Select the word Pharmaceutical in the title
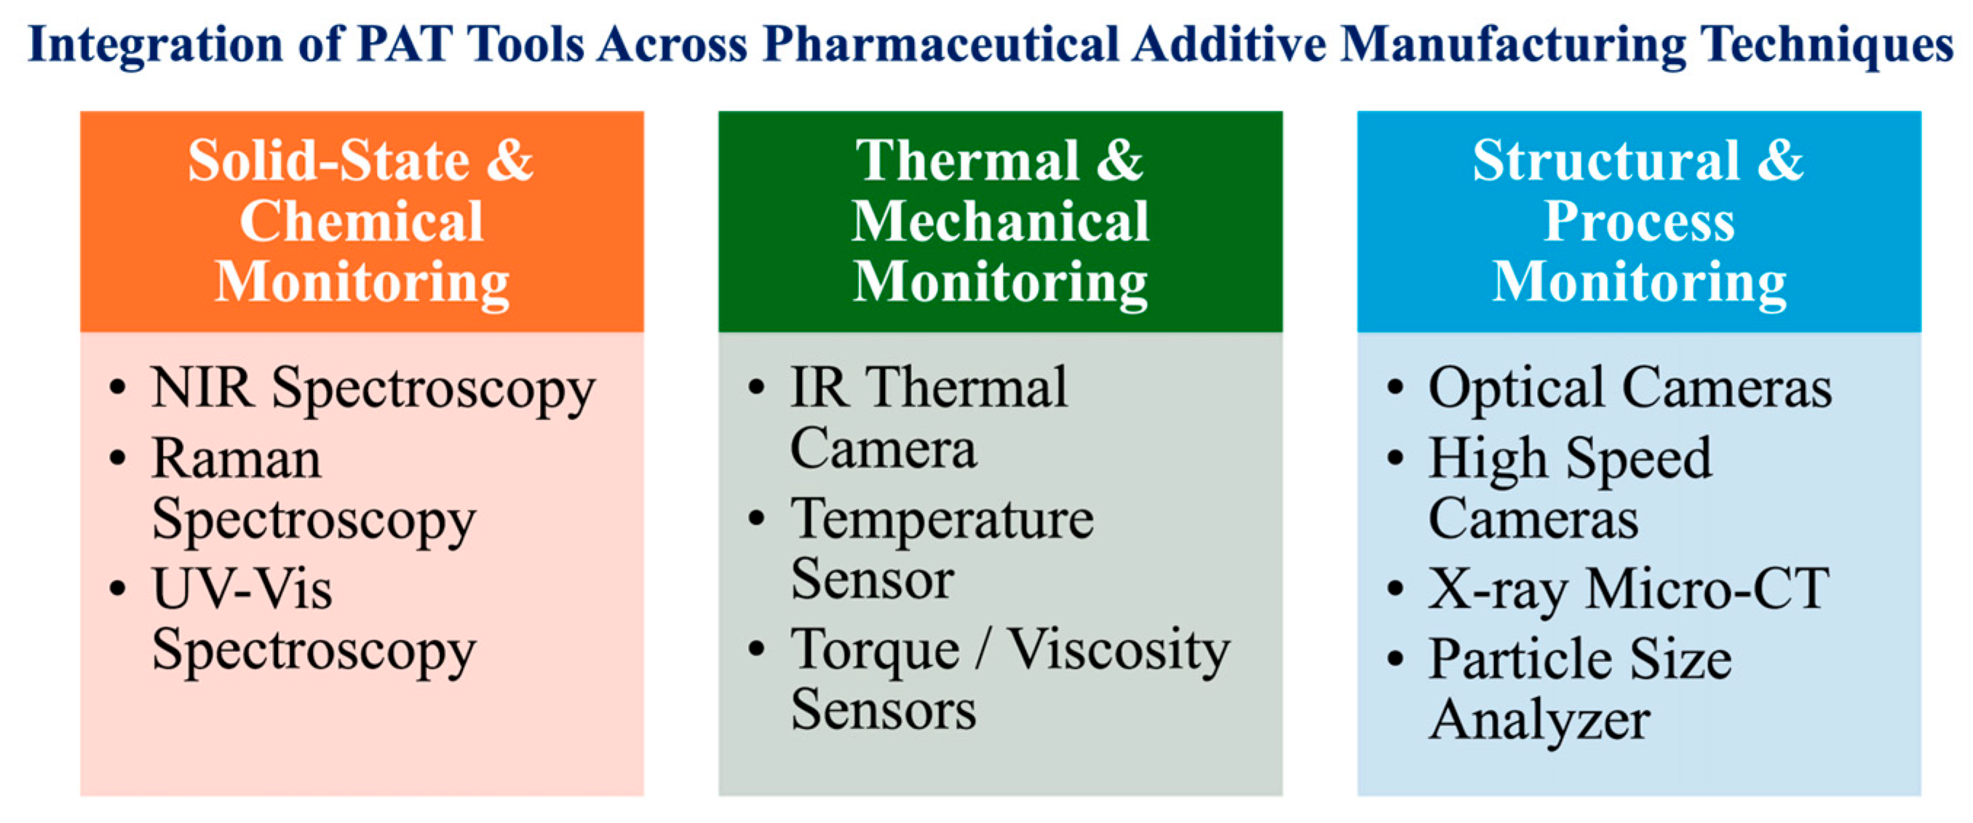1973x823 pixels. [940, 45]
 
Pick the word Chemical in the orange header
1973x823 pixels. [362, 221]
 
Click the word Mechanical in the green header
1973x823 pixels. [1000, 221]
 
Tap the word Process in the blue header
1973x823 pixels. [1639, 221]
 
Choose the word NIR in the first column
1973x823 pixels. [202, 387]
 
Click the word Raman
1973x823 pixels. [237, 459]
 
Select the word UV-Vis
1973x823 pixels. [242, 589]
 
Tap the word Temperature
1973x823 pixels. [942, 520]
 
